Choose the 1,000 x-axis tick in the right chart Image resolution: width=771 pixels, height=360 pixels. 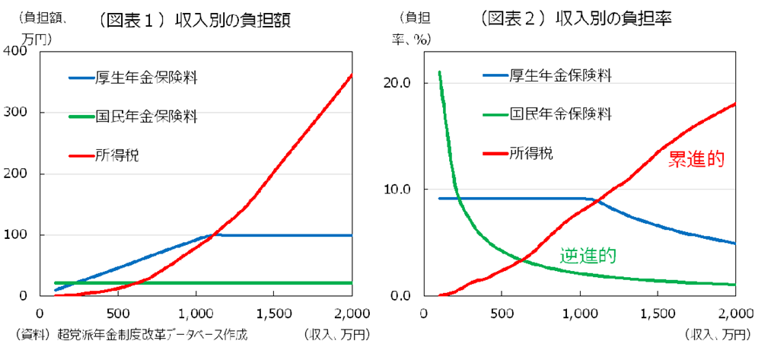(x=580, y=313)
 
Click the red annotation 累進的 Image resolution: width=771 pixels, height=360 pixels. (x=696, y=159)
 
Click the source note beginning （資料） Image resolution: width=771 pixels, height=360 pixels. (x=131, y=334)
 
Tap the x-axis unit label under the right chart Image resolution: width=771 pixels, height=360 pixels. (x=718, y=334)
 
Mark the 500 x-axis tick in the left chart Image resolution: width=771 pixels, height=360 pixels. (x=117, y=313)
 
